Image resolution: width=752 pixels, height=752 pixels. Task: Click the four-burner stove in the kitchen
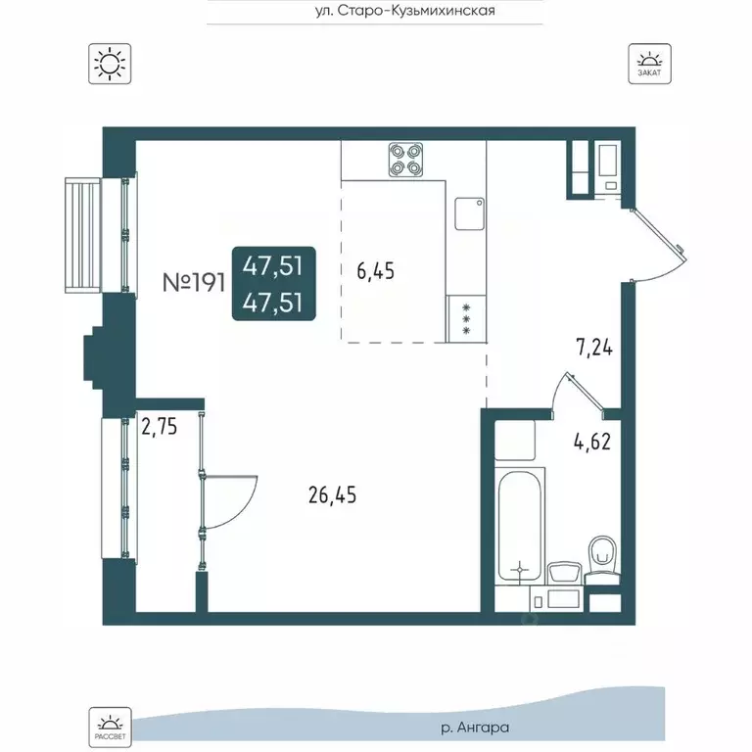click(x=405, y=160)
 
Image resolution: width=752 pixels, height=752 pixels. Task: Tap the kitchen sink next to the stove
click(x=470, y=213)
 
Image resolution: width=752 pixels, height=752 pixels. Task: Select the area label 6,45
click(x=376, y=271)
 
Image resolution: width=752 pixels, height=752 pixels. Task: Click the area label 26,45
click(x=332, y=494)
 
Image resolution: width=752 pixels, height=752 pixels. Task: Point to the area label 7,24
click(x=593, y=348)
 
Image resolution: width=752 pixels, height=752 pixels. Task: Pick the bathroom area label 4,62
click(x=592, y=442)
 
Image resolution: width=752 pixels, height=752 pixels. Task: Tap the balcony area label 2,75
click(x=160, y=426)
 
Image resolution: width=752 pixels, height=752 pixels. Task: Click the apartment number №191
click(x=194, y=283)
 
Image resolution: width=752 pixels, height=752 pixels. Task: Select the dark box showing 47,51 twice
click(x=274, y=283)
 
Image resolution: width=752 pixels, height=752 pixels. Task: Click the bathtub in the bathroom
click(x=520, y=526)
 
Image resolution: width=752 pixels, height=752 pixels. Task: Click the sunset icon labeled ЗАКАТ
click(x=650, y=64)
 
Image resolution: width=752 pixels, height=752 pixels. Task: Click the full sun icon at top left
click(x=110, y=64)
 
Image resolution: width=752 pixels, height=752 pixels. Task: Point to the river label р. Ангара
click(x=474, y=728)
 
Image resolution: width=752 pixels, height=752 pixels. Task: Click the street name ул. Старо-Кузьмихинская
click(x=405, y=11)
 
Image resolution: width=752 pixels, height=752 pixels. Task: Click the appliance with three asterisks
click(x=466, y=318)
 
